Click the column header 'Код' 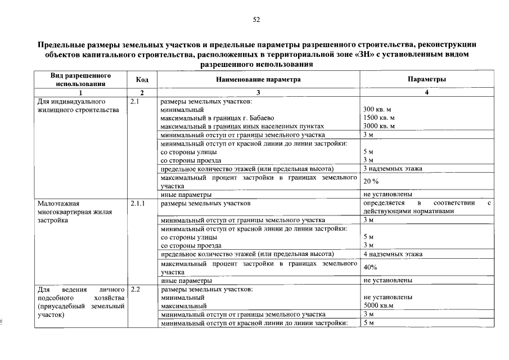[142, 79]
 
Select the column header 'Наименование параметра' [258, 79]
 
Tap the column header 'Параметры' [427, 79]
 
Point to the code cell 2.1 [134, 102]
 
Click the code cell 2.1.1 [137, 203]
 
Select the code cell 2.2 [134, 289]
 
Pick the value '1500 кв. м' [379, 118]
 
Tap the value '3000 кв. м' [379, 127]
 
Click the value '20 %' [371, 182]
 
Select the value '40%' [370, 267]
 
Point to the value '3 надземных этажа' [393, 169]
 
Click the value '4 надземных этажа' [393, 254]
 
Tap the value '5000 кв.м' [379, 305]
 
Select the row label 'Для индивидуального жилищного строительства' [78, 106]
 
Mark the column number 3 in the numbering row [258, 92]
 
